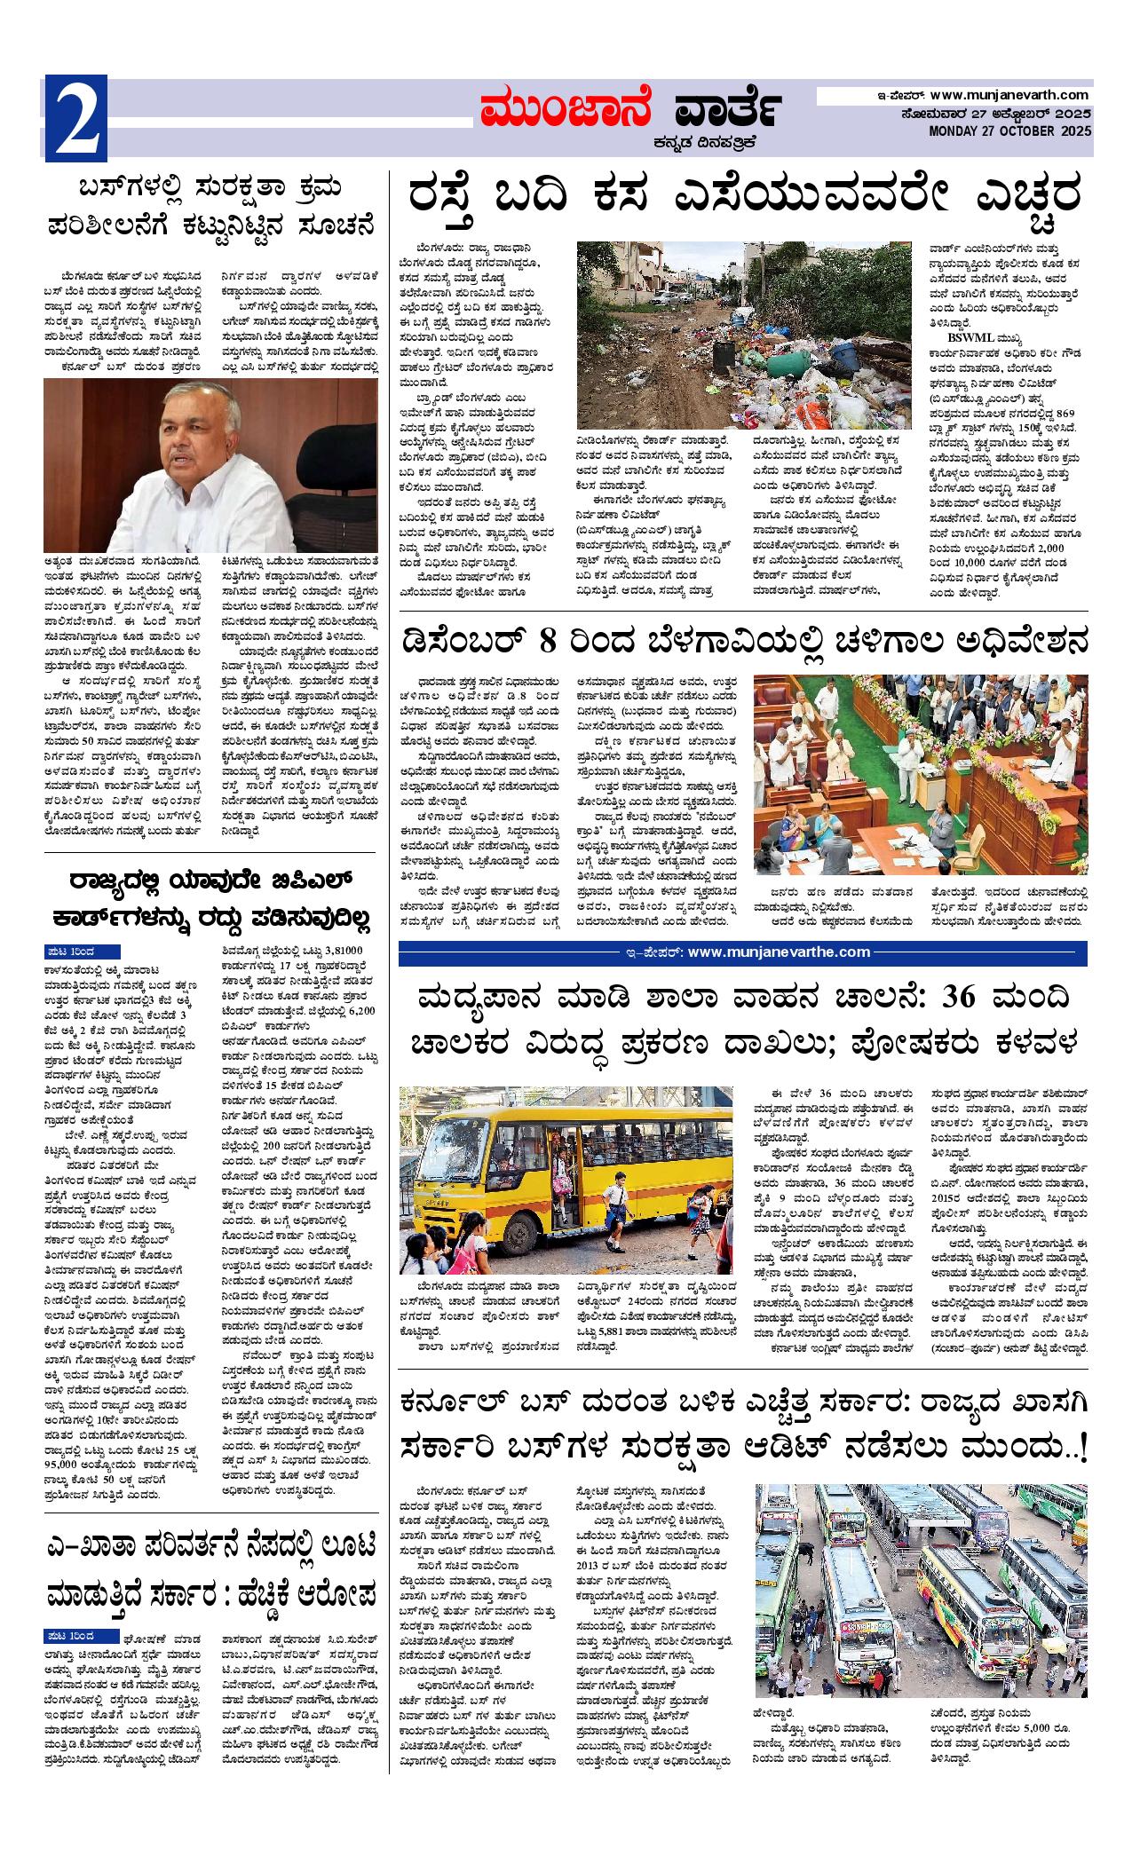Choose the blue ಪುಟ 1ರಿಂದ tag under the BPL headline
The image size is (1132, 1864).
82,952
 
